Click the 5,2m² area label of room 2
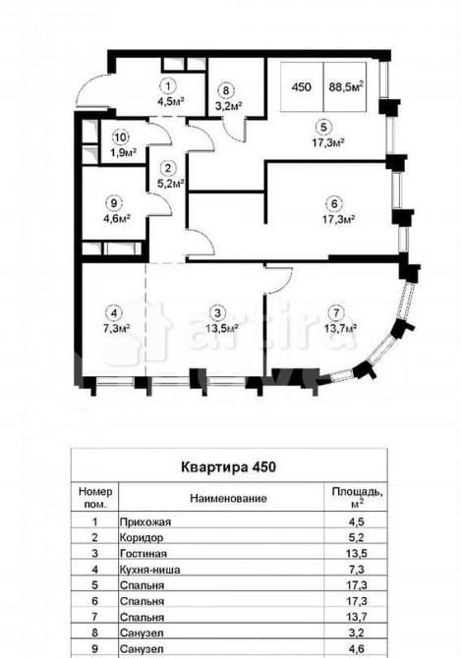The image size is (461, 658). click(x=143, y=181)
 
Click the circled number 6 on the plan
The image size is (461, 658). click(x=335, y=203)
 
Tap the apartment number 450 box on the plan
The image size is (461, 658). click(x=303, y=86)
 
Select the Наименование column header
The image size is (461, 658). click(x=228, y=499)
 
